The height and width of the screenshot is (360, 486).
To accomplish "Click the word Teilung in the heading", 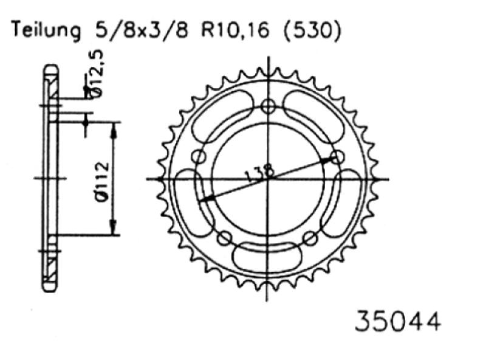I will coord(43,31).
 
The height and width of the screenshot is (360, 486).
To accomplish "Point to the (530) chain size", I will coord(309,31).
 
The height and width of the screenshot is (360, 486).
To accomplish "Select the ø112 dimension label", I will coord(102,179).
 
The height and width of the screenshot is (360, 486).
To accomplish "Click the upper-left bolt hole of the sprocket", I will coord(199,157).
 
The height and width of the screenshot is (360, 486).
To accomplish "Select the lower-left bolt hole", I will coord(224,237).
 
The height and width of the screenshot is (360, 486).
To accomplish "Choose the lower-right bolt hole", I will coord(310,237).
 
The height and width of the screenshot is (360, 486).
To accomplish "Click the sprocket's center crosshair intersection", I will coord(268,179).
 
